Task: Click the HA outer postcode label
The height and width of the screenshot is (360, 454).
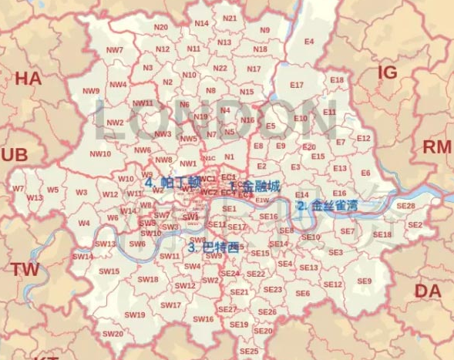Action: tap(28, 79)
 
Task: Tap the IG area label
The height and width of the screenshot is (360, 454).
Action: tap(387, 72)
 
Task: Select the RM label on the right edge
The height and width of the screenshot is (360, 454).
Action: tap(436, 147)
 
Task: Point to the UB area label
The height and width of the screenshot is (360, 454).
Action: tap(14, 155)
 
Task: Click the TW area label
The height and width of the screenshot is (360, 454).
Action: tap(25, 269)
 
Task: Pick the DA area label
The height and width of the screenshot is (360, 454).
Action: tap(428, 291)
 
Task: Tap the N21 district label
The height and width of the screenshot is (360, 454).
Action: tap(230, 18)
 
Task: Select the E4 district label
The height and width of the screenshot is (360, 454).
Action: tap(309, 41)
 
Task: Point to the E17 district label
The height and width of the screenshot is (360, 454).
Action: tap(297, 85)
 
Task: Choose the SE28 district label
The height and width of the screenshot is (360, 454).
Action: tap(405, 206)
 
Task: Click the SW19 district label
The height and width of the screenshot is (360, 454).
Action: tap(135, 315)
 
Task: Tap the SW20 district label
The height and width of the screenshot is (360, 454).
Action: tap(113, 334)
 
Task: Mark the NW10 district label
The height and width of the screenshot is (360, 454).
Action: tap(100, 153)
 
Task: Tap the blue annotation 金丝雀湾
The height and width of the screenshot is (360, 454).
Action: tap(334, 206)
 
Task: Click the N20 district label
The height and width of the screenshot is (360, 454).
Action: tap(161, 27)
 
